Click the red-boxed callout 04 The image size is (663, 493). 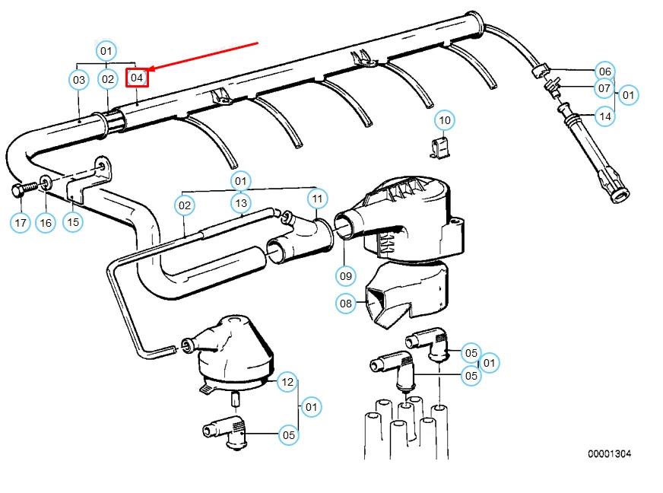137,78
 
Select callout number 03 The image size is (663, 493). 79,78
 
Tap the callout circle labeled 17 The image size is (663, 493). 21,223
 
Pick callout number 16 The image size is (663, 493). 46,223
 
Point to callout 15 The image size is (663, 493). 73,223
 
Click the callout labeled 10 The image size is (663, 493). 445,120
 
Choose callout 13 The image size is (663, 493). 241,203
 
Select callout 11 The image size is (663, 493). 317,199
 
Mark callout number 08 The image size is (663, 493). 346,304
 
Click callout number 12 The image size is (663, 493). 287,382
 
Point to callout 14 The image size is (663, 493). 604,116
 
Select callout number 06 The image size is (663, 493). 604,71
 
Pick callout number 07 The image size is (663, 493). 604,89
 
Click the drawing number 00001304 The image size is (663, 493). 608,454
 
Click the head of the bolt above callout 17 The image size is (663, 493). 18,188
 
